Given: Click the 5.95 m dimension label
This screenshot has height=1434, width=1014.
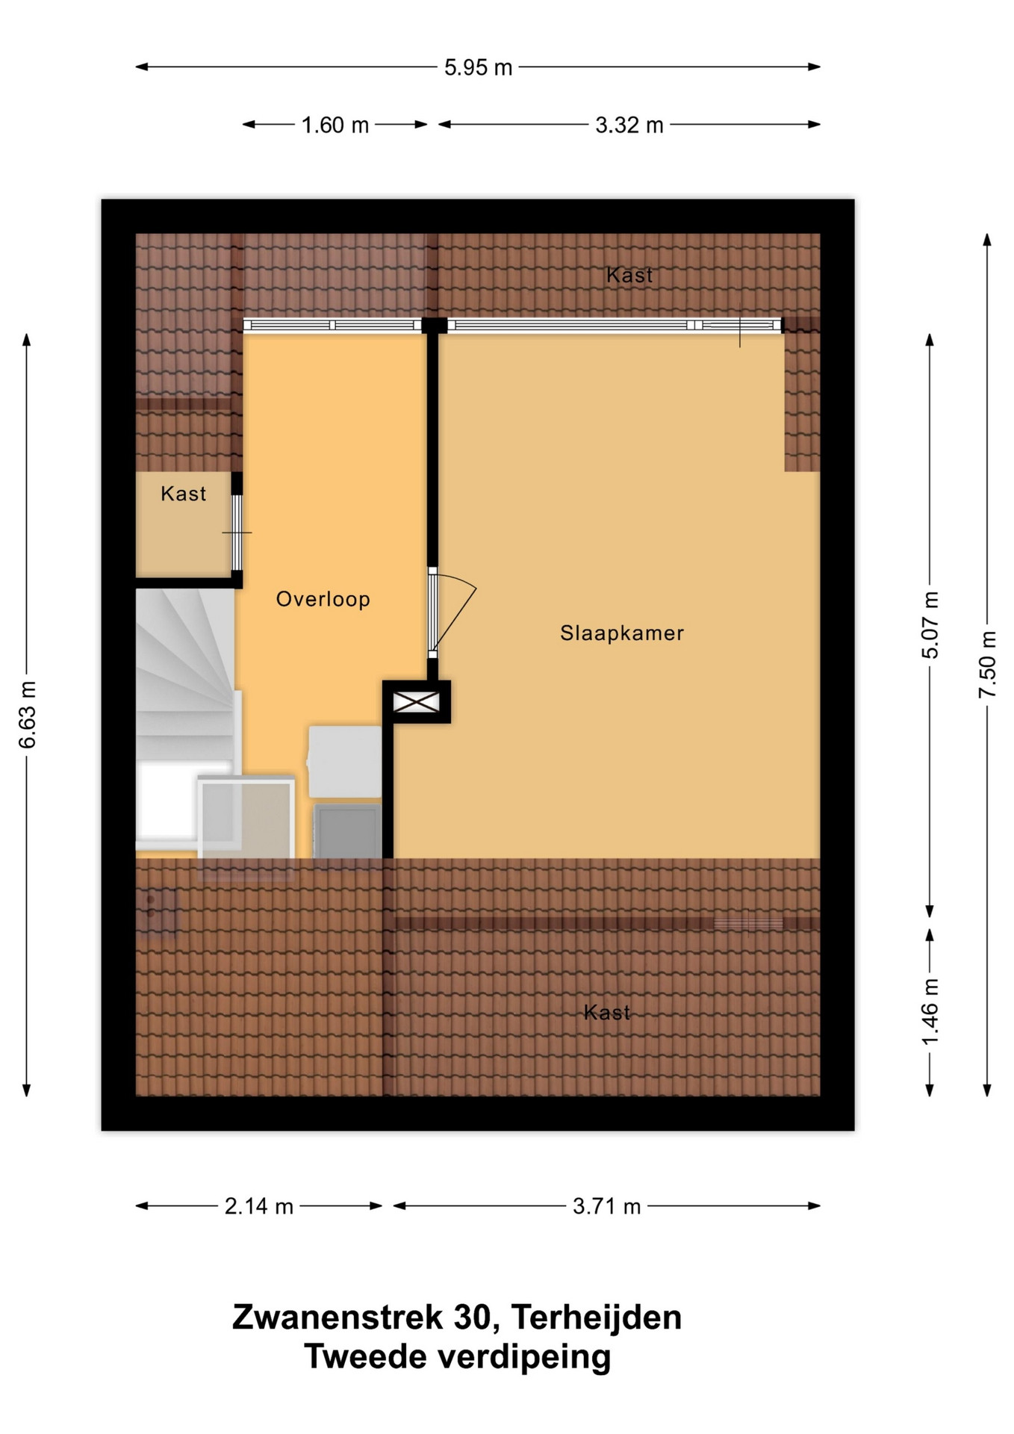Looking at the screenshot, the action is tap(478, 68).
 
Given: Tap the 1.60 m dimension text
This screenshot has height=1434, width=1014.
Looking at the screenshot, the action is tap(335, 125).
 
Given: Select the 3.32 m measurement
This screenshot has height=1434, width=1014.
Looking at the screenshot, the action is tap(629, 125).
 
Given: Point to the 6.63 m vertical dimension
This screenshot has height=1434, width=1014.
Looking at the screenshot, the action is tap(28, 715).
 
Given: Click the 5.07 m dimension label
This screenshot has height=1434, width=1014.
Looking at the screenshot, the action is tap(930, 625).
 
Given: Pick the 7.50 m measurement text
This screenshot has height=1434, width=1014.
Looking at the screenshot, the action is tap(988, 665).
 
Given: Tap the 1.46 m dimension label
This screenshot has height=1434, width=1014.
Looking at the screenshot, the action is tap(930, 1013).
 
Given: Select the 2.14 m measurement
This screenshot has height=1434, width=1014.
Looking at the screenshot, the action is tap(259, 1206).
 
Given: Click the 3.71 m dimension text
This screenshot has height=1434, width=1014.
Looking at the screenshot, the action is tap(607, 1206).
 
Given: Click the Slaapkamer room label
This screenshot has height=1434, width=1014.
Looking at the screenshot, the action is tap(622, 633).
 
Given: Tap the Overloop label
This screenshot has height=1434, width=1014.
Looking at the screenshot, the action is tap(323, 600).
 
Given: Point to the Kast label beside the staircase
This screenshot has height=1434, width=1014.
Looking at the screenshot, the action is tap(184, 494).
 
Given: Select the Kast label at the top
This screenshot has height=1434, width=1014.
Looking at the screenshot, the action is tap(629, 276).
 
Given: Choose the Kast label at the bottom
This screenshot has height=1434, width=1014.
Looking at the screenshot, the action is tap(607, 1013).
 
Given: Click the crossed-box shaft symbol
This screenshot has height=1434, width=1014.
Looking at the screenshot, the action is tap(417, 702).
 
